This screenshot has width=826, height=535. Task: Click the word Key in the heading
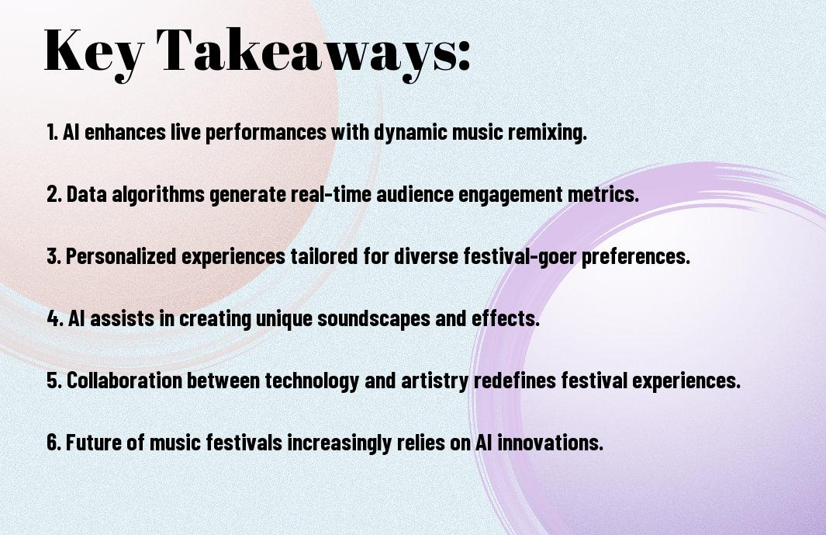(x=93, y=52)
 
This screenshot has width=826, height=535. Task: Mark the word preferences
(x=636, y=256)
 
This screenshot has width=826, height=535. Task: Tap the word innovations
(x=550, y=442)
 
